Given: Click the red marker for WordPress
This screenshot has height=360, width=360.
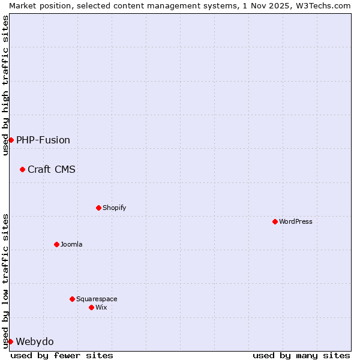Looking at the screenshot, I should pyautogui.click(x=275, y=221).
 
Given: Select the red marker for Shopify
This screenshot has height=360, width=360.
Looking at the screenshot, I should pyautogui.click(x=98, y=208).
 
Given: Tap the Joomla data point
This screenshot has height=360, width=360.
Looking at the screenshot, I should pyautogui.click(x=56, y=244).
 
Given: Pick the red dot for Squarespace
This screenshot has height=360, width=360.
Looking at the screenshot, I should pyautogui.click(x=72, y=299).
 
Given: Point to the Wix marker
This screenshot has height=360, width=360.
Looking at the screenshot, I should pyautogui.click(x=91, y=307).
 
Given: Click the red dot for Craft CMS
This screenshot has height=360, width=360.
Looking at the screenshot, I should pyautogui.click(x=22, y=169).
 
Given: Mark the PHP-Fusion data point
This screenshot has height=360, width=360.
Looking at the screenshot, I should pyautogui.click(x=11, y=140).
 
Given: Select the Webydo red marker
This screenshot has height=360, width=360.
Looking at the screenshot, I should pyautogui.click(x=10, y=341).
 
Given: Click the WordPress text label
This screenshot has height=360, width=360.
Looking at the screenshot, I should pyautogui.click(x=296, y=221).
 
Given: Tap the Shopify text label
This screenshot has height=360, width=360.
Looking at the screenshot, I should pyautogui.click(x=115, y=208).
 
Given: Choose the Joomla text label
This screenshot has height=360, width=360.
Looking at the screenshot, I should pyautogui.click(x=71, y=244).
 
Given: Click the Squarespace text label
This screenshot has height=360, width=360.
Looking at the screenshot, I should pyautogui.click(x=97, y=299).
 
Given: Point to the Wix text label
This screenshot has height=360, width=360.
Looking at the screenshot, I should pyautogui.click(x=101, y=307).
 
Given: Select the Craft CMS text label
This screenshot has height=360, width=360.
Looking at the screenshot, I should pyautogui.click(x=52, y=169).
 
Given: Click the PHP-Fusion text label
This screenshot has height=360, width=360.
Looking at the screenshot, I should pyautogui.click(x=43, y=140).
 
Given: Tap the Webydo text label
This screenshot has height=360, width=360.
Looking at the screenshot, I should pyautogui.click(x=35, y=341).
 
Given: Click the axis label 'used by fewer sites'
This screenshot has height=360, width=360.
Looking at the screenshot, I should pyautogui.click(x=62, y=355).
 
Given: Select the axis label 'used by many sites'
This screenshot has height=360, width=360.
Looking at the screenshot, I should pyautogui.click(x=301, y=355).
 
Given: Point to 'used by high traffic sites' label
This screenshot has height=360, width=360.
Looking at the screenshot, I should pyautogui.click(x=5, y=86).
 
